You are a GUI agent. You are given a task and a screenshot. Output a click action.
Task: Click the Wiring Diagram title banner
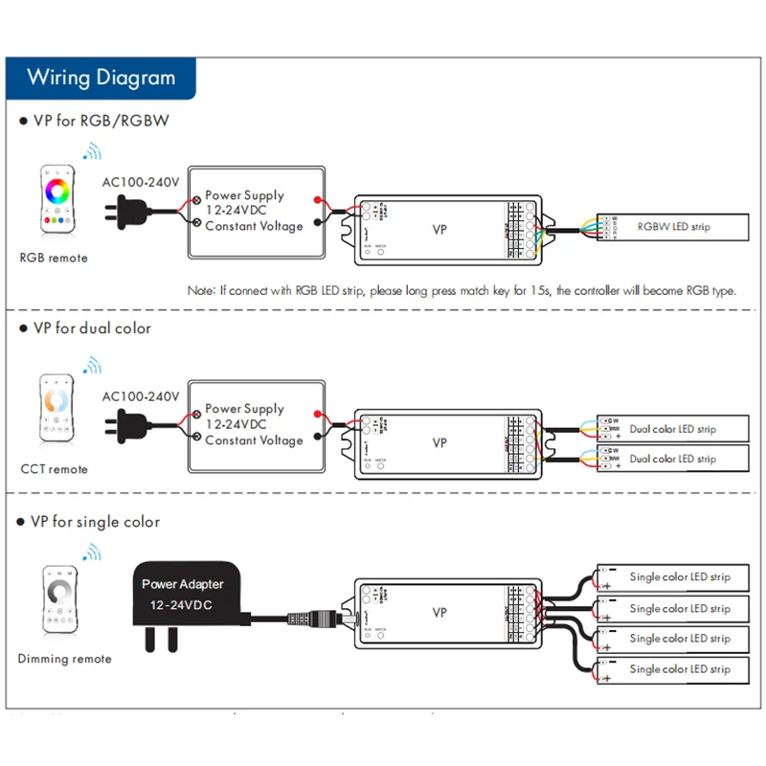pyautogui.click(x=101, y=78)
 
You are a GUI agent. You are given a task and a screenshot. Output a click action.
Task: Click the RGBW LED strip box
pyautogui.click(x=671, y=227)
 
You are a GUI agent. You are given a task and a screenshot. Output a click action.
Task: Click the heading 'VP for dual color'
pyautogui.click(x=92, y=328)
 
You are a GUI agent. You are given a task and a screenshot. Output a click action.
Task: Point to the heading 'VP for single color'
pyautogui.click(x=97, y=522)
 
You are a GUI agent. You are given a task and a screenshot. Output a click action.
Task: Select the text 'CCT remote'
pyautogui.click(x=54, y=469)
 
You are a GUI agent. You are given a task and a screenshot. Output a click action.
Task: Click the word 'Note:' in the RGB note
pyautogui.click(x=202, y=290)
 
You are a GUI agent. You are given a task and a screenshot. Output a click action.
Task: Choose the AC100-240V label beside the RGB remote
pyautogui.click(x=141, y=182)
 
